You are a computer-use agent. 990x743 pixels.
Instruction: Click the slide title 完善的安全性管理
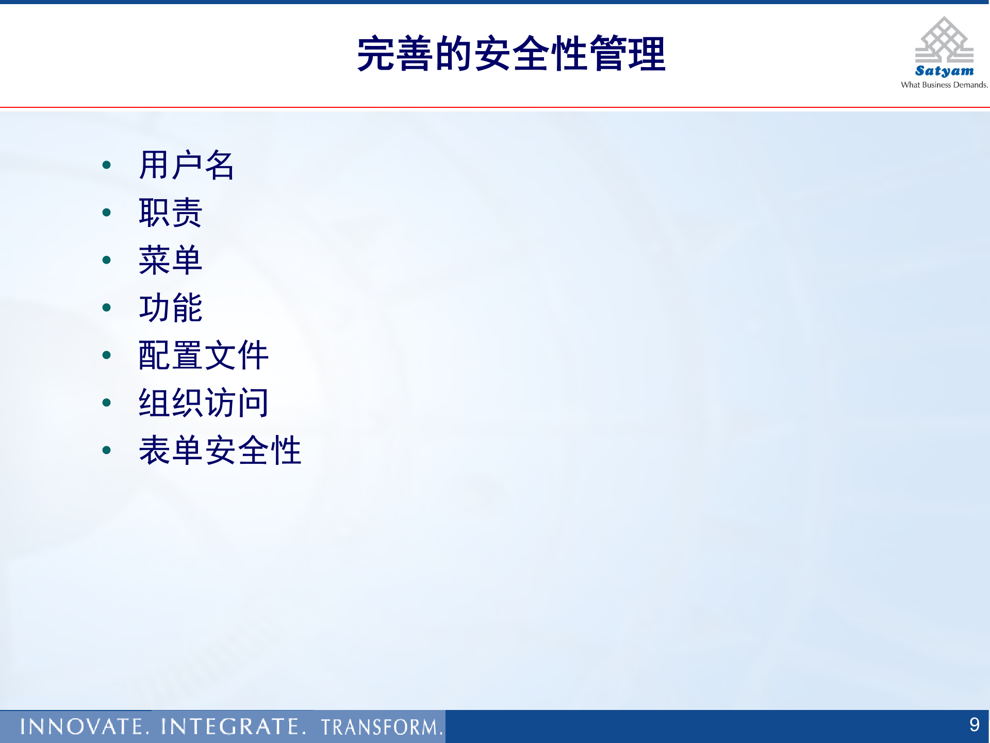pos(511,54)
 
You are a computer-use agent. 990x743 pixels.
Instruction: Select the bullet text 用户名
pos(186,165)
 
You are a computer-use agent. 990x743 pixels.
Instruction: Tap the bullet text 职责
pos(170,213)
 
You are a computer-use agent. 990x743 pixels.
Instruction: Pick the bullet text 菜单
pos(170,260)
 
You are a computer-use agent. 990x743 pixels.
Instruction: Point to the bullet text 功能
pos(170,308)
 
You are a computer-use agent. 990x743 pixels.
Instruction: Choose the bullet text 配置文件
pos(203,355)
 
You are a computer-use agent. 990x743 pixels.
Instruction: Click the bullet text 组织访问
pos(203,402)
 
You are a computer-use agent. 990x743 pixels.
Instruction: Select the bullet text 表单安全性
pos(220,450)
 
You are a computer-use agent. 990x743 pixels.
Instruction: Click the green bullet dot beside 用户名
pos(107,165)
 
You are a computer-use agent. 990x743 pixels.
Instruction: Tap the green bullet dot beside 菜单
pos(107,260)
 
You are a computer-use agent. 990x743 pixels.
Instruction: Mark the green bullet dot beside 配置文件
pos(107,355)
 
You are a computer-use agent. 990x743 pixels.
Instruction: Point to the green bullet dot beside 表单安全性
pos(107,450)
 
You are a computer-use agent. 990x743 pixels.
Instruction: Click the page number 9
pos(974,725)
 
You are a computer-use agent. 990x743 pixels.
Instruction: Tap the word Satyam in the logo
pos(944,71)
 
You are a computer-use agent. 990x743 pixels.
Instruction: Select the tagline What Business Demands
pos(944,85)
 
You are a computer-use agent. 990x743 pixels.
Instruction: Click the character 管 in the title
pos(608,54)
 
